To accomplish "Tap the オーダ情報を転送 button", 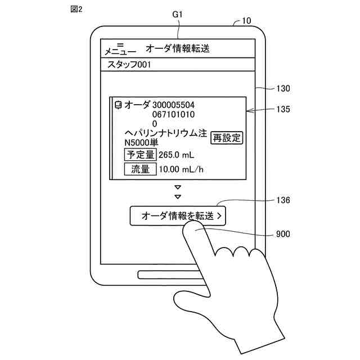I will (x=178, y=215).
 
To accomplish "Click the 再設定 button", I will (x=227, y=138).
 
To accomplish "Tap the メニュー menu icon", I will (x=120, y=48).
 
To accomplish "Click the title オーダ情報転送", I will (x=177, y=48).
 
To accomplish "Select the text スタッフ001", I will (x=129, y=65).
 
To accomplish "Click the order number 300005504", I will (x=174, y=105).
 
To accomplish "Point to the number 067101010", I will (x=174, y=114).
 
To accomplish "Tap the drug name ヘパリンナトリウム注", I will (x=166, y=133).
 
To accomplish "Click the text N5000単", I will (x=141, y=142).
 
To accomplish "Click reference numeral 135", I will (x=283, y=110).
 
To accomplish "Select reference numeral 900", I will (x=283, y=235).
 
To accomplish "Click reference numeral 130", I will (x=283, y=89).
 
